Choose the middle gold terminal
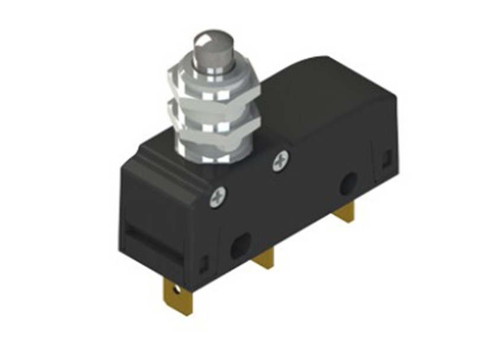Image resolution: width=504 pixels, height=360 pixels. point(264,259)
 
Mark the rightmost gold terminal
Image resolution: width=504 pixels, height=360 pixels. point(345,211)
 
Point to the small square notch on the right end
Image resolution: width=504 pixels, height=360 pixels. point(386,158)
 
